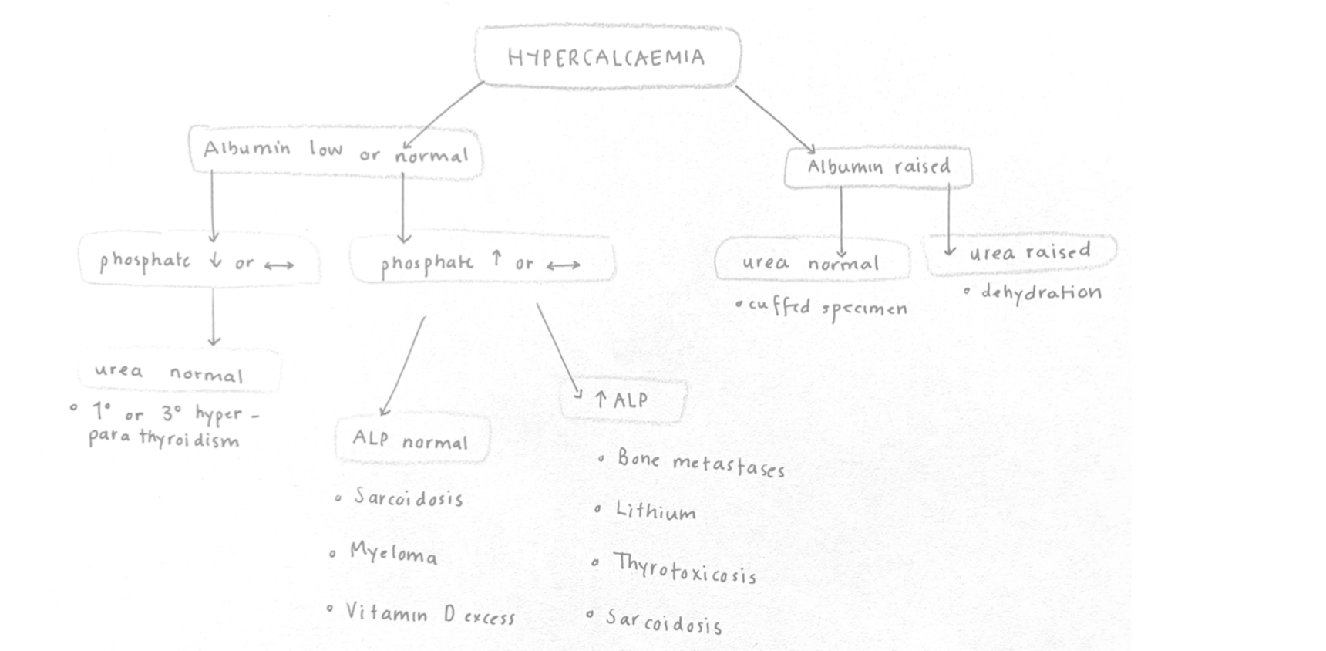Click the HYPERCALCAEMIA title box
(607, 57)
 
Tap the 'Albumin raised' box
(878, 167)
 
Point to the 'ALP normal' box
(412, 440)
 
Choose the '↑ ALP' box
(623, 400)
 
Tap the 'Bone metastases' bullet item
(700, 463)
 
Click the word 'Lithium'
(655, 511)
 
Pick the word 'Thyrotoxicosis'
(685, 568)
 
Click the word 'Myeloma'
(393, 553)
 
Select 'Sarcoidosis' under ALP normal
(408, 498)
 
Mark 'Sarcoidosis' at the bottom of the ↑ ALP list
(664, 622)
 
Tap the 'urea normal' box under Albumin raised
(810, 263)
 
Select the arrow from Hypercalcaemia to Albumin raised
(774, 119)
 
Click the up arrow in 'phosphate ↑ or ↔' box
(496, 259)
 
